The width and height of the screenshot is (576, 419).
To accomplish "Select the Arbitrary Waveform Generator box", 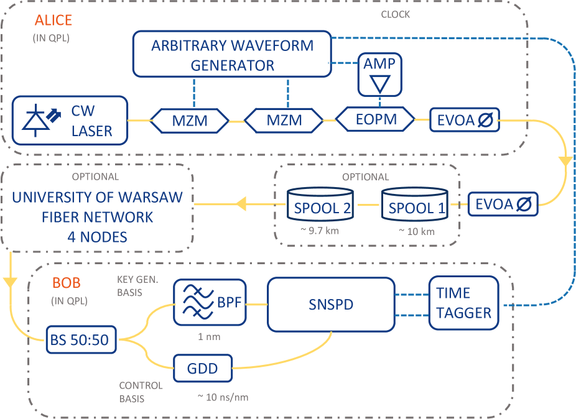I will pos(232,55).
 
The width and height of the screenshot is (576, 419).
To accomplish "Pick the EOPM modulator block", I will pos(375,119).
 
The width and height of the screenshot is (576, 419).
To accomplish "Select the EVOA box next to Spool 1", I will pos(503,203).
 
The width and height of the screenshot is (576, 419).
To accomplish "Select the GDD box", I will pos(203,368).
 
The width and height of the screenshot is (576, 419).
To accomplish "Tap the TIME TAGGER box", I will pos(463,303).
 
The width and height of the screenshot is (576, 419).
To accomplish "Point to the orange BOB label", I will pos(66,283).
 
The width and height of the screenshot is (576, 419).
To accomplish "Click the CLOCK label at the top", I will pos(395,14).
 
